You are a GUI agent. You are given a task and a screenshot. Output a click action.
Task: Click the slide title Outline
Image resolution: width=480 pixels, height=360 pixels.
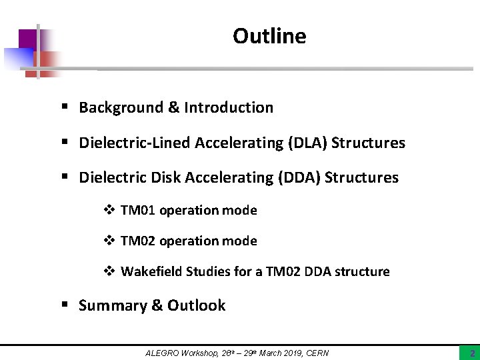click(269, 36)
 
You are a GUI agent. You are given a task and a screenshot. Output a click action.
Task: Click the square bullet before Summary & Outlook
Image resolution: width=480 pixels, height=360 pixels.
click(65, 305)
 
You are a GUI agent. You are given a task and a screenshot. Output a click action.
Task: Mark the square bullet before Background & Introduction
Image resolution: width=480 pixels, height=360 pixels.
click(65, 107)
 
